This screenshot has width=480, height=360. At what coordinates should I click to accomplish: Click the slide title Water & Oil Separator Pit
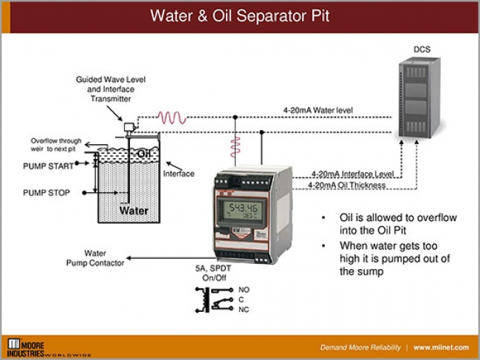point(239,16)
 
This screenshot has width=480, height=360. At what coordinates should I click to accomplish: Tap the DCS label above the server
point(422,50)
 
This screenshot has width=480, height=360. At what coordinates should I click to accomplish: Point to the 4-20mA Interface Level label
point(351,174)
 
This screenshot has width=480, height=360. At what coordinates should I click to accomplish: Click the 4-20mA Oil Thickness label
point(346,185)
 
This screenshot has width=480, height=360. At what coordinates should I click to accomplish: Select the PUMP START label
point(47,166)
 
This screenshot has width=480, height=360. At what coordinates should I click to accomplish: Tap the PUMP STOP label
point(47,192)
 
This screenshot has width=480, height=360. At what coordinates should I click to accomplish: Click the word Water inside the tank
point(134,211)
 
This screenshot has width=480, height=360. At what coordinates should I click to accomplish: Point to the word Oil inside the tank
point(145,153)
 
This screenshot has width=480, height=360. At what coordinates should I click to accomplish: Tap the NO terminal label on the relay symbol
point(244,289)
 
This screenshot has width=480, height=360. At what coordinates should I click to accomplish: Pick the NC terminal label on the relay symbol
point(243,310)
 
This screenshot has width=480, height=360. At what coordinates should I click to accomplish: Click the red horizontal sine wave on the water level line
point(174,117)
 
